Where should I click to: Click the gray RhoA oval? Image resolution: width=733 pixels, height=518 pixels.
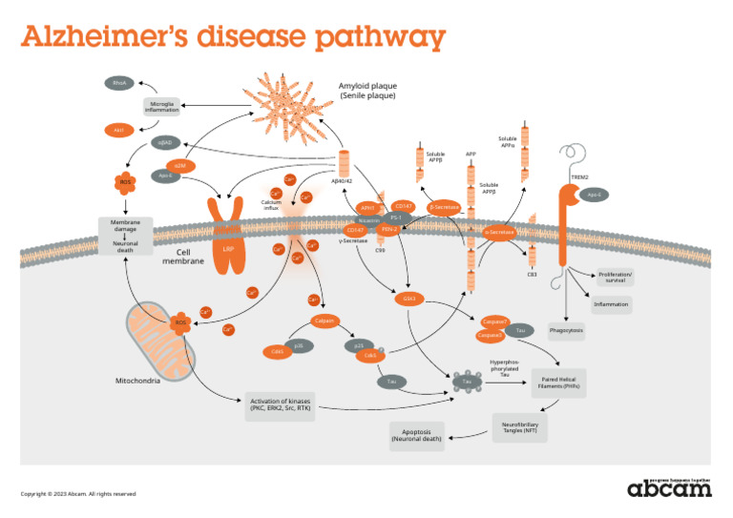(x=119, y=83)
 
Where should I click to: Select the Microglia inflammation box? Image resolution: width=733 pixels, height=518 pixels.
(x=161, y=107)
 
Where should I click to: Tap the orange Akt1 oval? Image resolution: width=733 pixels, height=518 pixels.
(x=118, y=130)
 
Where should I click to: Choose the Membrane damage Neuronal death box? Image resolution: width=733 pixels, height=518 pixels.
(x=125, y=236)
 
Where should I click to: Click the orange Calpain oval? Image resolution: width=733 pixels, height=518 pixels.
(x=325, y=321)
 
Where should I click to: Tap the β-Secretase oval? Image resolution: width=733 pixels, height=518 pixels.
(x=444, y=206)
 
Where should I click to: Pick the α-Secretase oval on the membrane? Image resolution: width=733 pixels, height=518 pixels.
(x=499, y=232)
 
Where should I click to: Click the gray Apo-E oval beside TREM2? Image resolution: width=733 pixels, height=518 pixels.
(x=594, y=195)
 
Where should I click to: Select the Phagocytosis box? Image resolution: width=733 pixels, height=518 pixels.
(x=566, y=331)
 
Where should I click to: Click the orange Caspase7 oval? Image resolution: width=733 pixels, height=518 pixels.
(x=494, y=321)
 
